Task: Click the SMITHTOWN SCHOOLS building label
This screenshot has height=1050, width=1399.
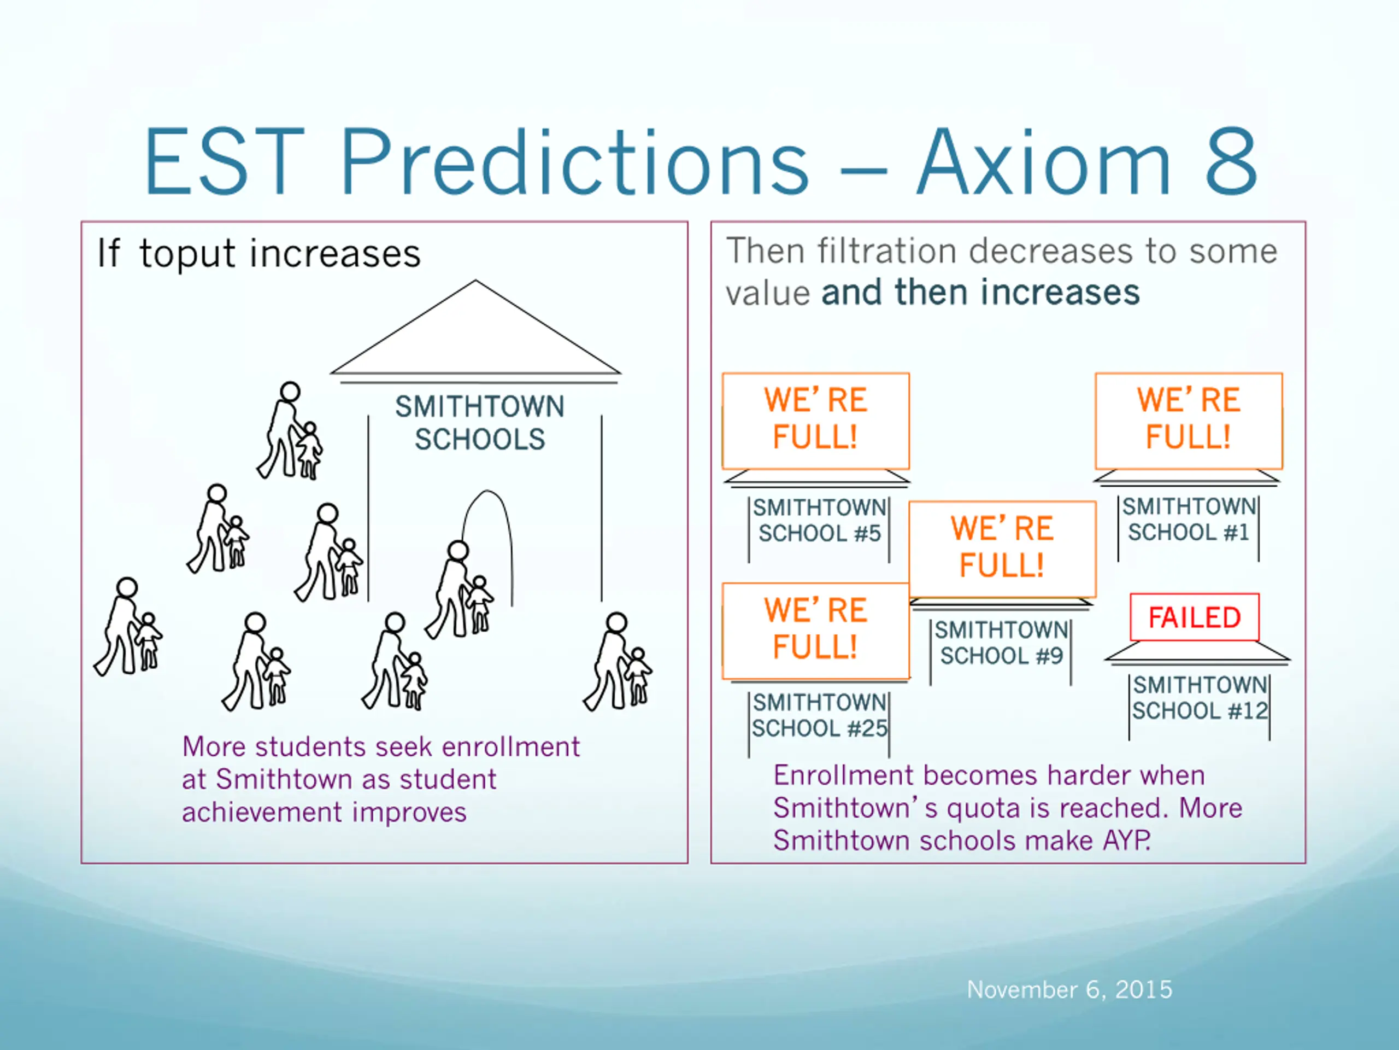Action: (x=479, y=423)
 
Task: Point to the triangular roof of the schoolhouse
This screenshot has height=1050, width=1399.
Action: (x=475, y=327)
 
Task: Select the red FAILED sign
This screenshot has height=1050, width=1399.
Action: (x=1194, y=617)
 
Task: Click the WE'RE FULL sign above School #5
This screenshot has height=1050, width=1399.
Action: (x=816, y=420)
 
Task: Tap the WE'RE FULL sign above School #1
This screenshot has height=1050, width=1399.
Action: (x=1189, y=420)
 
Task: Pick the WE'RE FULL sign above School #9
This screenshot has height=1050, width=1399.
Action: (x=1002, y=548)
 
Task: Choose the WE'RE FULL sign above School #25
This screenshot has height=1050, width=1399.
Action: (x=816, y=631)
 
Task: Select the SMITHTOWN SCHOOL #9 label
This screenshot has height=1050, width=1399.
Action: (x=1001, y=643)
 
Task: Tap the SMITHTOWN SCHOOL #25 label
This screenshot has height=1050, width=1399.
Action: (x=820, y=716)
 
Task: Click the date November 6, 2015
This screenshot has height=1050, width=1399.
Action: (x=1069, y=990)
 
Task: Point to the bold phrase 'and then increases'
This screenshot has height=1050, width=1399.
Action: (x=980, y=293)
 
